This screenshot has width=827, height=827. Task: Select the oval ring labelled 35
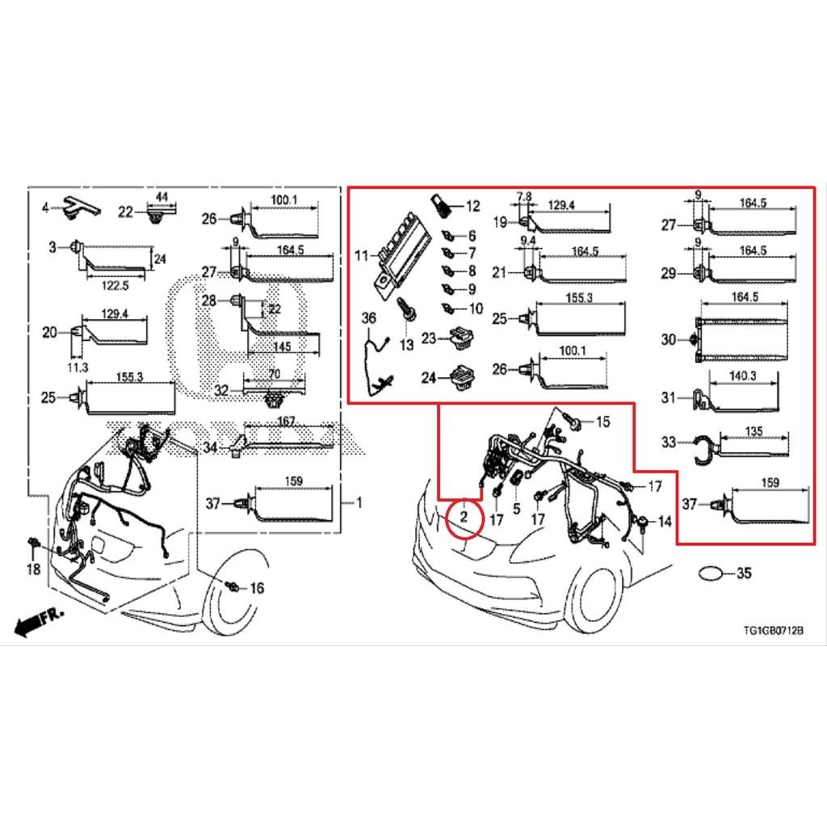(x=710, y=573)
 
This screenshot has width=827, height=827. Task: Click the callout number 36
(x=369, y=320)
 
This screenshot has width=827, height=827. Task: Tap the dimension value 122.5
(x=115, y=285)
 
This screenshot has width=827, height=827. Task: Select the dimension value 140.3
(x=743, y=376)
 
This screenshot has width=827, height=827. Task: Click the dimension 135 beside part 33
(x=753, y=432)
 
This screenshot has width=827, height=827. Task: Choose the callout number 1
(x=359, y=503)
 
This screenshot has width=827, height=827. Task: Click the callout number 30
(x=668, y=340)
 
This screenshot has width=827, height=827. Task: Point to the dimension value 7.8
(x=524, y=196)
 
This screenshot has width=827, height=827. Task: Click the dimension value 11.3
(x=78, y=367)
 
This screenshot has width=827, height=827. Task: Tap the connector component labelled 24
(x=464, y=376)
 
